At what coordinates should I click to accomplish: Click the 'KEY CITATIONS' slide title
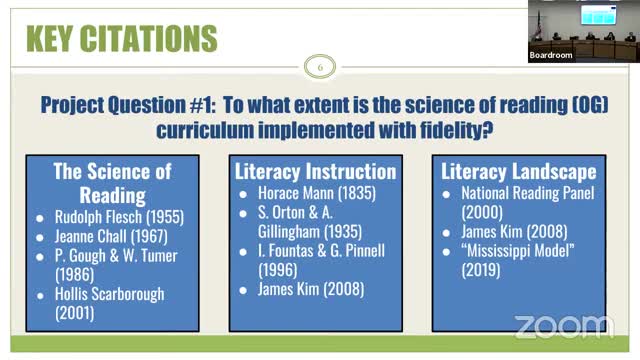[x=120, y=39]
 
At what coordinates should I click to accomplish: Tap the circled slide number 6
[x=320, y=67]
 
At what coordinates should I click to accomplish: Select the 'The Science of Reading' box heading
[x=112, y=182]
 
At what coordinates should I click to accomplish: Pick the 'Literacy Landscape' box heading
[x=518, y=171]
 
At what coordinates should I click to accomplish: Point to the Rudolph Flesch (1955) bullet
[x=117, y=216]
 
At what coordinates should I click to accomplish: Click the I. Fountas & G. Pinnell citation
[x=316, y=259]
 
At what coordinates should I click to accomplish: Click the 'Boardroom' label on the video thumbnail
[x=551, y=55]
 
